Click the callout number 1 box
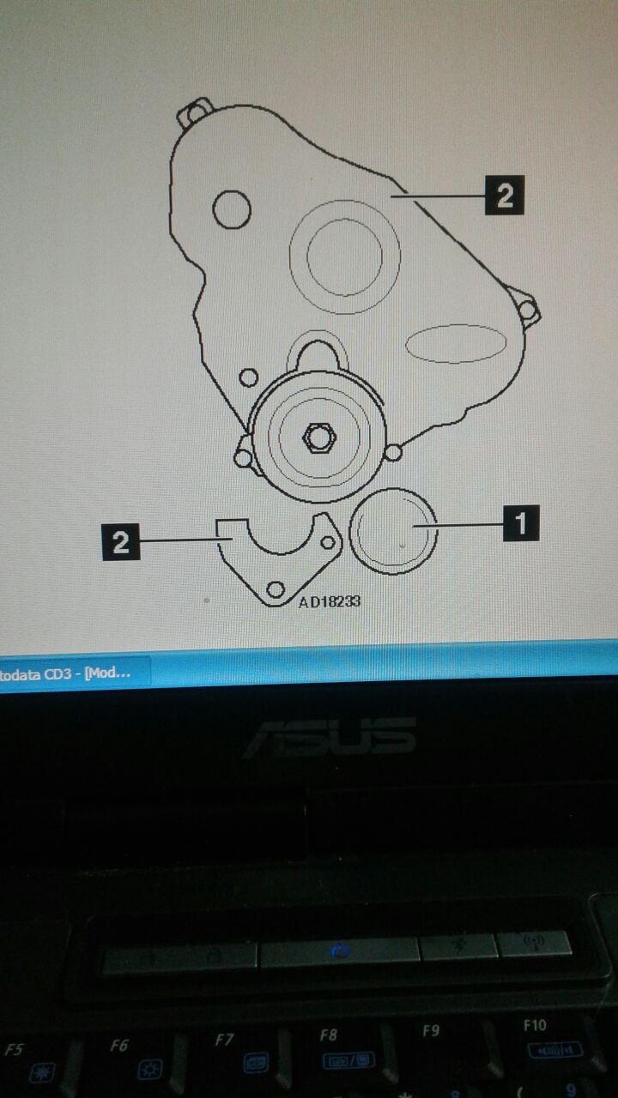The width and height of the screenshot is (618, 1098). [x=521, y=523]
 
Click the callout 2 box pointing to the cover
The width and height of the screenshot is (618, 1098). [x=504, y=195]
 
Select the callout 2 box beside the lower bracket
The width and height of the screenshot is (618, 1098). [x=121, y=542]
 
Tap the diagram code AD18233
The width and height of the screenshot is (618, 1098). [x=330, y=601]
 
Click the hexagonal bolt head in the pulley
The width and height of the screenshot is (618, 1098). [x=319, y=437]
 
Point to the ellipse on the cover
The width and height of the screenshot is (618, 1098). [x=456, y=343]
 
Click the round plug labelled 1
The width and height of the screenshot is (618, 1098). [x=393, y=531]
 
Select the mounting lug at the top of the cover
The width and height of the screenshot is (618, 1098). [x=195, y=112]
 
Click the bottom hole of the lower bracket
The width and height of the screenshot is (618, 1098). [x=276, y=588]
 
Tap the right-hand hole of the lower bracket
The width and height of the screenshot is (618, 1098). [x=328, y=542]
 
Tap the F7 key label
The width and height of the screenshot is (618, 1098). [x=224, y=1039]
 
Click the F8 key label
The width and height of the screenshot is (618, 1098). [x=329, y=1035]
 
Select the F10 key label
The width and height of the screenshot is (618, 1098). [x=535, y=1025]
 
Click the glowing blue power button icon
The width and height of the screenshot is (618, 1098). [x=339, y=952]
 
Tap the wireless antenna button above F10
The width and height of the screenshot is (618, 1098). [x=534, y=943]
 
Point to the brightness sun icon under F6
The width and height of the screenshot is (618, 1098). [x=149, y=1070]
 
